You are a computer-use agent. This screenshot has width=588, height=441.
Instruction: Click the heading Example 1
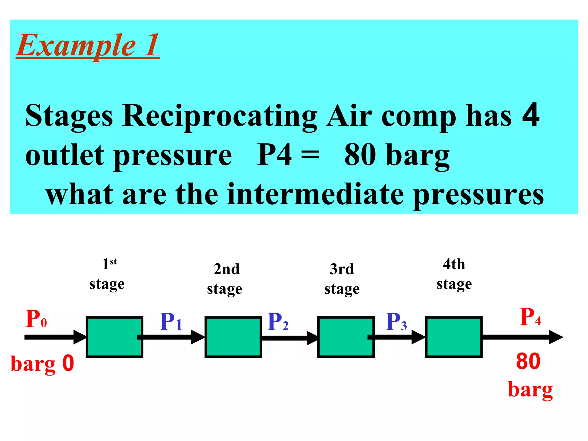tap(88, 46)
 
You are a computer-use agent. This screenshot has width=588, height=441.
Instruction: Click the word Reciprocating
tap(220, 116)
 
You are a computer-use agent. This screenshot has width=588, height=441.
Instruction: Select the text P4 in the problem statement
tap(274, 155)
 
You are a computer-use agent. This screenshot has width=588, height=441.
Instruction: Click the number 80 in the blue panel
tap(360, 155)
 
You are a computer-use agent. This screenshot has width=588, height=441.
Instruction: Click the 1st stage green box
tap(114, 337)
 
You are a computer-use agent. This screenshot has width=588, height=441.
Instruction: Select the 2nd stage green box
tap(233, 337)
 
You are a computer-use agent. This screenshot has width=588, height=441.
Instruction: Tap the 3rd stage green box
tap(346, 337)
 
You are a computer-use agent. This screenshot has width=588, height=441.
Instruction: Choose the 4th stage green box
tap(454, 337)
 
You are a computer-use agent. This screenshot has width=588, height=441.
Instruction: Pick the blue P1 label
tap(171, 322)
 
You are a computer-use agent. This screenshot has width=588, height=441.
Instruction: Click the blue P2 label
tap(278, 322)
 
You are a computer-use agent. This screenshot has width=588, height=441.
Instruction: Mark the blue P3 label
tap(396, 322)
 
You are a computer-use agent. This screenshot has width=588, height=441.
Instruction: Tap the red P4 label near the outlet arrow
tap(530, 317)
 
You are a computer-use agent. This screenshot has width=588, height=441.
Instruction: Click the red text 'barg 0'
tap(42, 363)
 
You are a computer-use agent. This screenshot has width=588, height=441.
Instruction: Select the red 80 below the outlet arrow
tap(528, 361)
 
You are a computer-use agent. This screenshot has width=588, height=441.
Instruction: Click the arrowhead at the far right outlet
tap(556, 337)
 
